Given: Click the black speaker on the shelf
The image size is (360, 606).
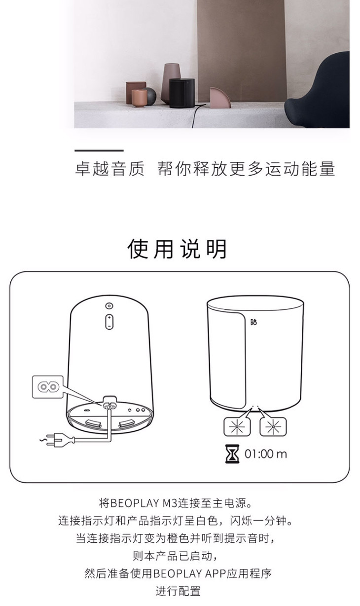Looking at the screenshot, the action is click(182, 93).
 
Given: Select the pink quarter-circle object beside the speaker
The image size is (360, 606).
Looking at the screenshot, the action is click(220, 98).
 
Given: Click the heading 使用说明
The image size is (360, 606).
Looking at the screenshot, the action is click(177, 249).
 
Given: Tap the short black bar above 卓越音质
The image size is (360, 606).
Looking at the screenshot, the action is click(99, 151).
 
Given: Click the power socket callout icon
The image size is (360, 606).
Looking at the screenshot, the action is click(48, 386).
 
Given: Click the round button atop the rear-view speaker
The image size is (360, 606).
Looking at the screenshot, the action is click(109, 306).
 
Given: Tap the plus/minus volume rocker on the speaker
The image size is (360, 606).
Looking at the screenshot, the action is click(109, 322).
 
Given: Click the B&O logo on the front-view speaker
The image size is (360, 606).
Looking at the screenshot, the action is click(253, 322).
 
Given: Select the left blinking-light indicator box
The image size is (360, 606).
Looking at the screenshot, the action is click(237, 427).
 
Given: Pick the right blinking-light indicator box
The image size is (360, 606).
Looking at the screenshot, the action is click(273, 427).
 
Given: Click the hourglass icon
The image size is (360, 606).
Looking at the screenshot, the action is click(232, 454).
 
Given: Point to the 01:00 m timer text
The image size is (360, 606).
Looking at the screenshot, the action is click(266, 454).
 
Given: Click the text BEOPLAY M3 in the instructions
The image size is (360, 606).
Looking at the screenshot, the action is click(144, 503).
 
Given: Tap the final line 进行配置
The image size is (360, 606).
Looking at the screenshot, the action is click(178, 591).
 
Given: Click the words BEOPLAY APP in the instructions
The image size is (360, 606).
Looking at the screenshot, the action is click(190, 573).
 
